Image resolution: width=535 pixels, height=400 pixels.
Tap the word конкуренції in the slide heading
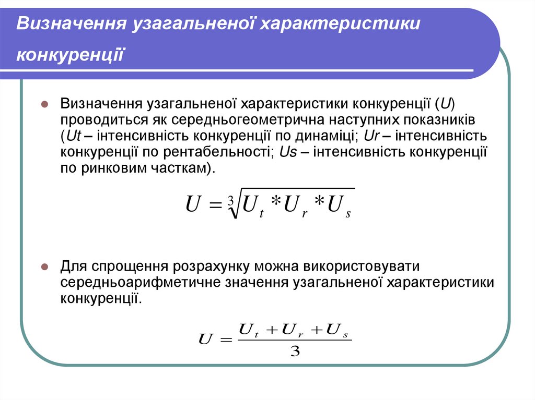tap(70, 54)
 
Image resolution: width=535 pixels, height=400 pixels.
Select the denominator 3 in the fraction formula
tap(294, 352)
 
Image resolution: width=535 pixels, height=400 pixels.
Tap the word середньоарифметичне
tap(137, 283)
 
